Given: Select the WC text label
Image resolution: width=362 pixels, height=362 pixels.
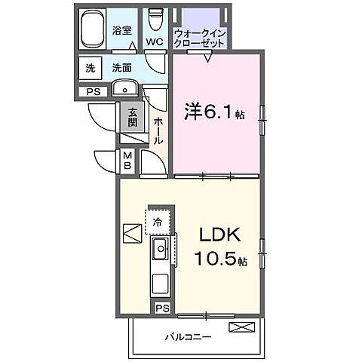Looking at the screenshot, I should [155, 41].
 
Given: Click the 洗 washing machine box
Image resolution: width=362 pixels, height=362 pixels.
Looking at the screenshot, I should [90, 68].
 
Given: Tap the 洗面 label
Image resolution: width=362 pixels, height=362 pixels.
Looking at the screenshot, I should [122, 68].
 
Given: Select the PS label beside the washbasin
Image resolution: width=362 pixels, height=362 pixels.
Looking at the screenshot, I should [93, 92].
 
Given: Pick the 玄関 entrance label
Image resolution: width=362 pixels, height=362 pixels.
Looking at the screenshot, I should [133, 118].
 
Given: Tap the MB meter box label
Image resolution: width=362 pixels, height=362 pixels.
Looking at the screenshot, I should [127, 161].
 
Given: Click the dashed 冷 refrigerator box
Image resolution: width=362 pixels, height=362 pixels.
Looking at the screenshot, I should [158, 221].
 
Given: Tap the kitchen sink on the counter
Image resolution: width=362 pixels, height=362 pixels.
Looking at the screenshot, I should [161, 250].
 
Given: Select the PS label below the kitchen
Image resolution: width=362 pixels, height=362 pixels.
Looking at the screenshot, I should [161, 308].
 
